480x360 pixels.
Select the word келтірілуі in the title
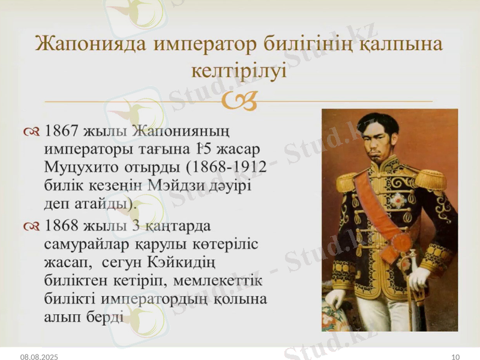[239, 71]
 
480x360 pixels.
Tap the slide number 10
[455, 356]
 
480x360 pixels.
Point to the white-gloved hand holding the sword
[418, 278]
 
